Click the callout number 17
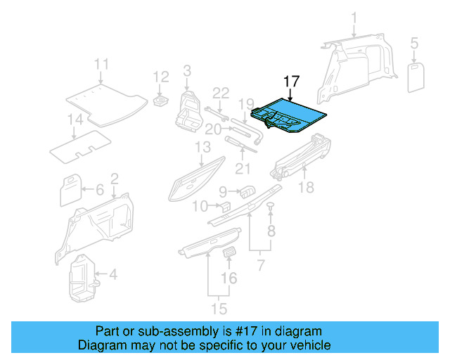(291, 82)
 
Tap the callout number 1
(354, 18)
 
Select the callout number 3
(187, 70)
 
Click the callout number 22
(221, 94)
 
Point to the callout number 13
(202, 147)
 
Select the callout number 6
(99, 189)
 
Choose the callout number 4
(113, 274)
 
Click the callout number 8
(271, 229)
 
